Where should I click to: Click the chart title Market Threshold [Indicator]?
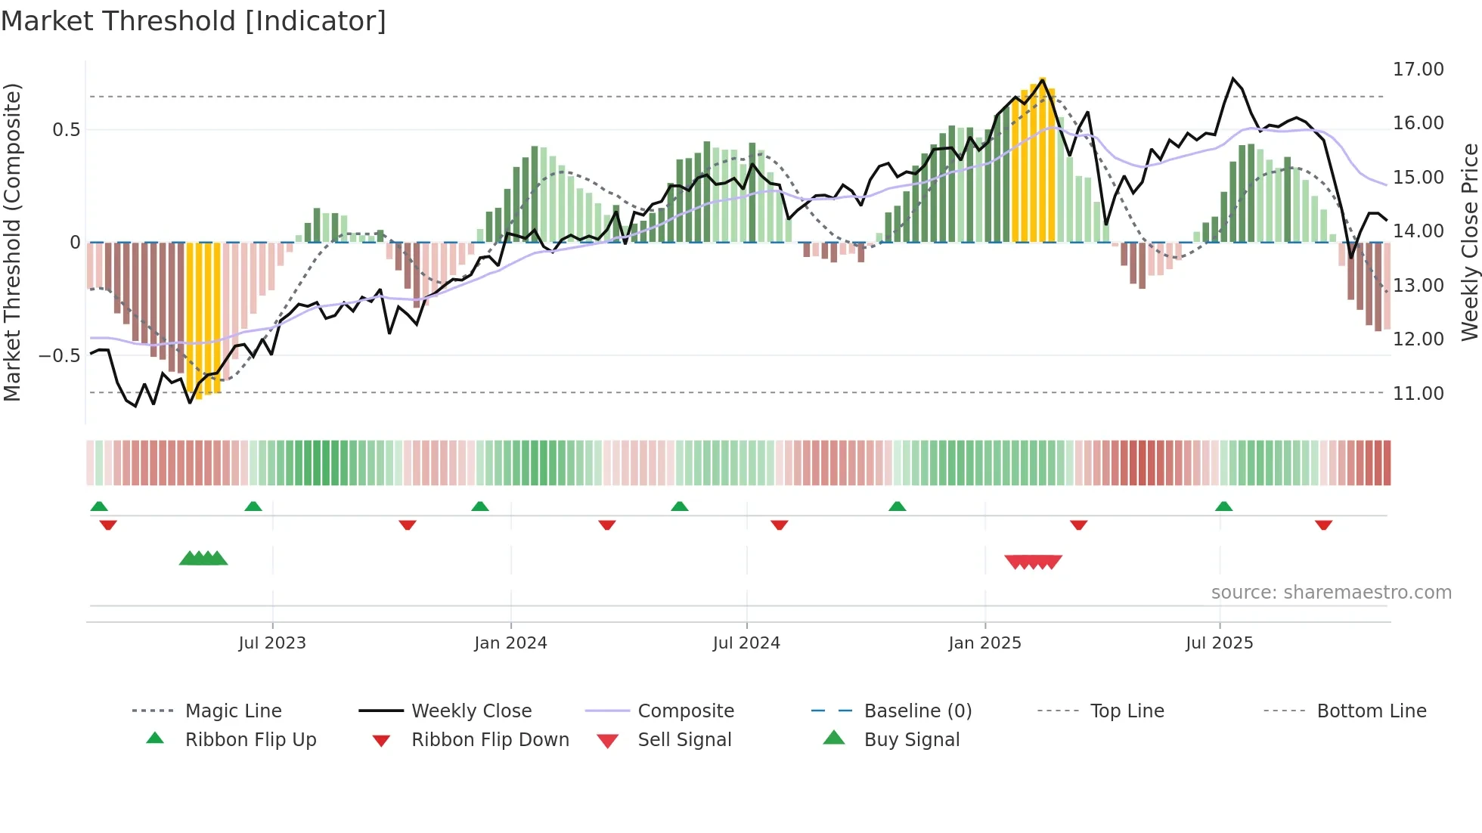194,21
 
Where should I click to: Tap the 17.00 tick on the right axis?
1418,70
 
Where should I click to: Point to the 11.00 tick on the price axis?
1418,394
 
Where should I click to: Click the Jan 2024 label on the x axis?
510,643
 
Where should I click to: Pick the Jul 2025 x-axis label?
1219,643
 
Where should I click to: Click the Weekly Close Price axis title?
1469,242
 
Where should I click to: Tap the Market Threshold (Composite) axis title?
12,242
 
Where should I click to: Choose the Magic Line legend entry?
233,711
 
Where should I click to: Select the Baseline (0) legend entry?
917,711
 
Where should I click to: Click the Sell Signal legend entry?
684,740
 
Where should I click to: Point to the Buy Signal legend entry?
911,740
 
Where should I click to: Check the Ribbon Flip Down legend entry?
490,740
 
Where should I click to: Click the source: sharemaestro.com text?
1331,593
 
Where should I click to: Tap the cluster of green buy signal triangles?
203,559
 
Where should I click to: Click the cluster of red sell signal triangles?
1033,562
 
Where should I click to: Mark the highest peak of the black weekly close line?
1233,79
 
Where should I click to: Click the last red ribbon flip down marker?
1323,525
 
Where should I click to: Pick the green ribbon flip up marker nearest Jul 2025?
1224,506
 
